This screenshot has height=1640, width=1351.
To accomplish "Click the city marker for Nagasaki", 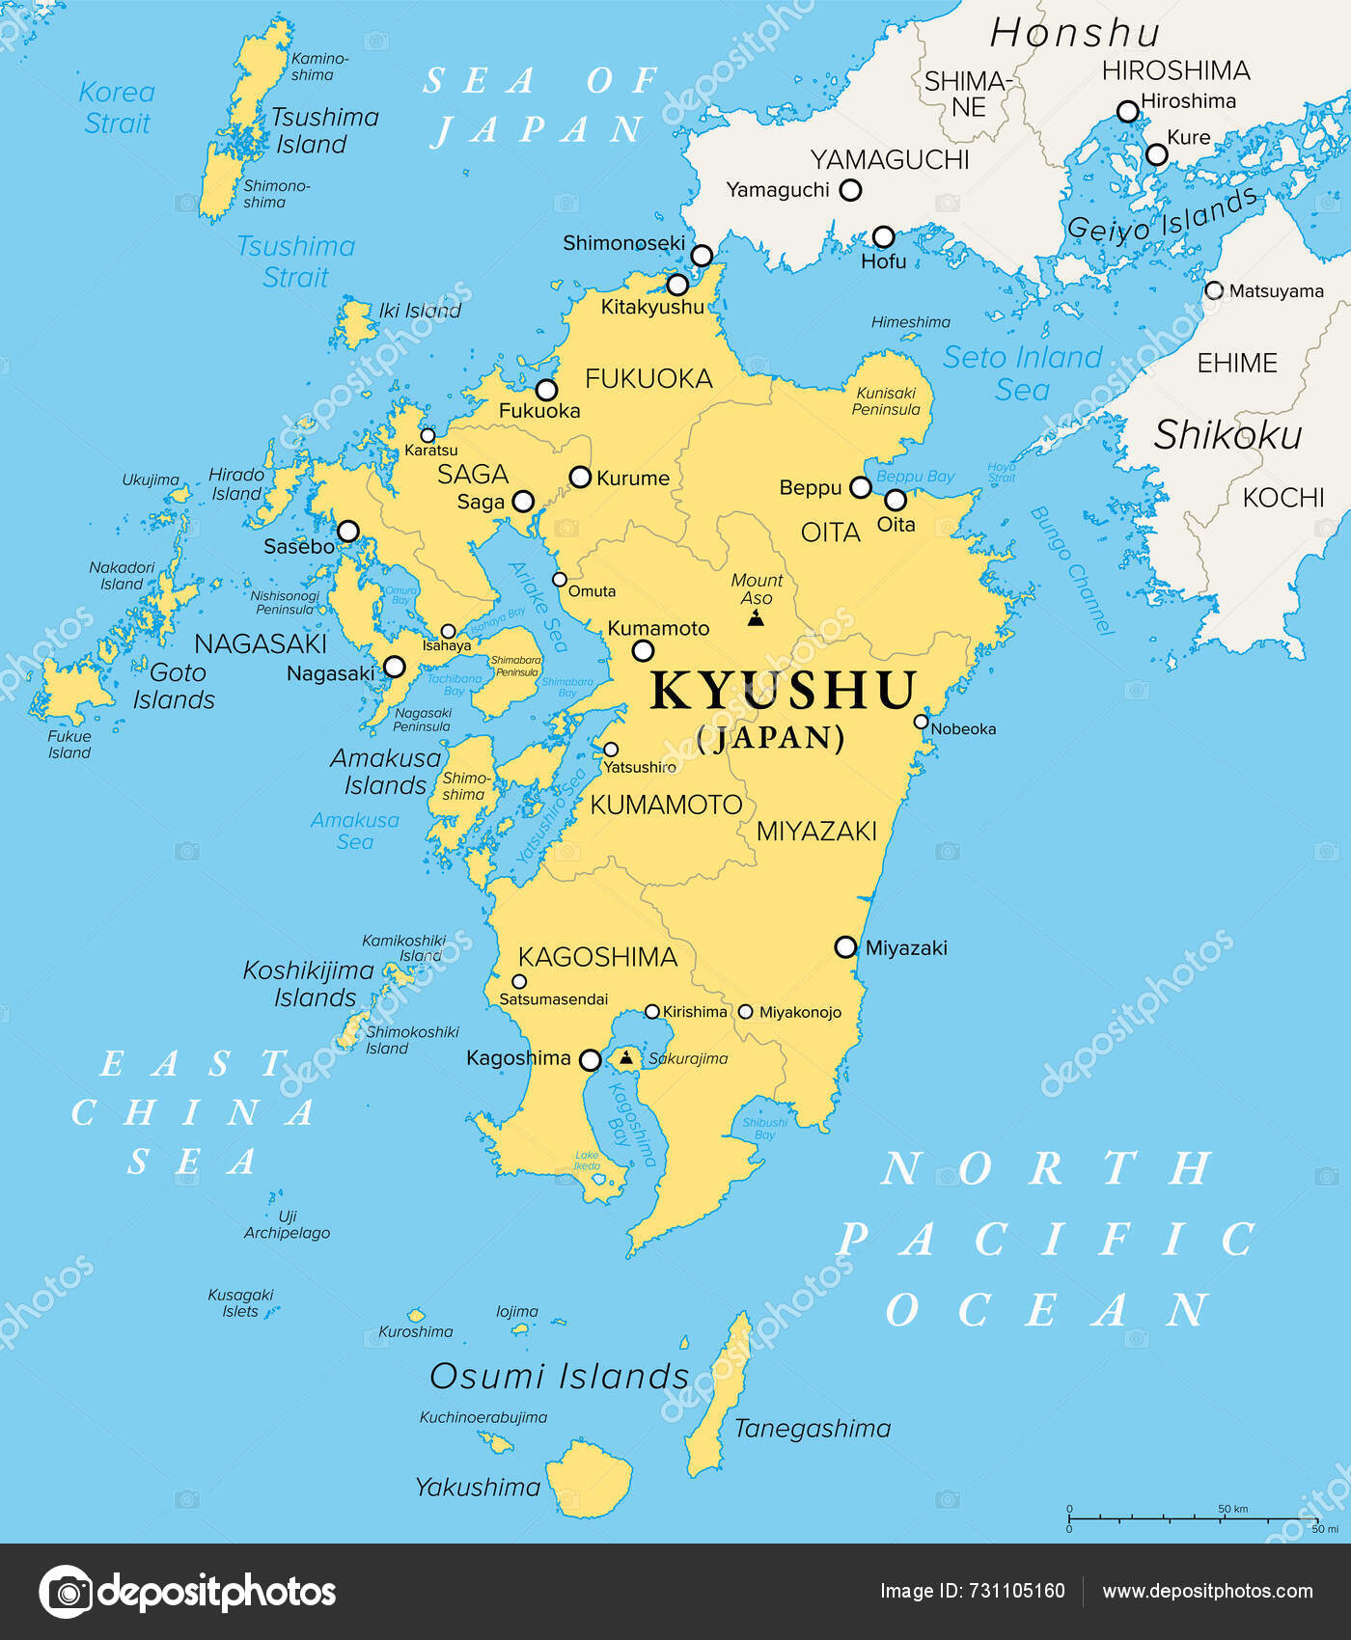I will [394, 667].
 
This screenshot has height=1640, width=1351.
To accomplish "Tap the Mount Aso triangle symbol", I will [756, 617].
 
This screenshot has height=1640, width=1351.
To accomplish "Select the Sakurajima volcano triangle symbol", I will [626, 1058].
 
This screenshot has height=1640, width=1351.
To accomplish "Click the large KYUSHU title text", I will [783, 690].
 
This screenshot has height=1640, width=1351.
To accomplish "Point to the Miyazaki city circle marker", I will [845, 946].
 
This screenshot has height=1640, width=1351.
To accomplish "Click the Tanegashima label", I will [812, 1428].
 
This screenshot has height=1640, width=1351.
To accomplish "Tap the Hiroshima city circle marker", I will [1127, 111].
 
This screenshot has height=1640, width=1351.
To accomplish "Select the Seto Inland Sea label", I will [1022, 373].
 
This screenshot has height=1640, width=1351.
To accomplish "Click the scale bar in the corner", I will [1197, 1519].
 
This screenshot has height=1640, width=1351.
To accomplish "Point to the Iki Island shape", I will [355, 324].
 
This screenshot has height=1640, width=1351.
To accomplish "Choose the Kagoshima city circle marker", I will [590, 1060].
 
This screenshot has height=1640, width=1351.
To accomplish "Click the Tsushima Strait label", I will [295, 261].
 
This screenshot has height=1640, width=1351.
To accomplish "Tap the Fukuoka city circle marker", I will [546, 390].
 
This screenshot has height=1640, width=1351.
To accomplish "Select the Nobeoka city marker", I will [921, 722].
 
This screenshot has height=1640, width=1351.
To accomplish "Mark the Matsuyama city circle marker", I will [1214, 290].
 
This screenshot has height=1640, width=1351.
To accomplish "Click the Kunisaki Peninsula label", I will [886, 400].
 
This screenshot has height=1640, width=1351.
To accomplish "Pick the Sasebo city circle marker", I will [348, 531].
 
